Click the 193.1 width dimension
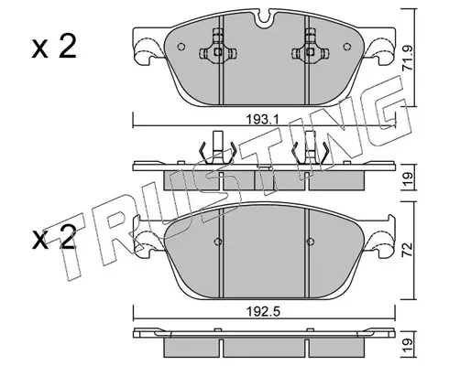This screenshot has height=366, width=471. [x=263, y=119]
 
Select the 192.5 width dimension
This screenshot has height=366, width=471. [x=264, y=312]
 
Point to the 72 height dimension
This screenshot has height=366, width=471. [x=408, y=250]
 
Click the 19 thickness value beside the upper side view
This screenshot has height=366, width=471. [x=408, y=178]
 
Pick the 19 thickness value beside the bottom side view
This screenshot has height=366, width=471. [x=408, y=346]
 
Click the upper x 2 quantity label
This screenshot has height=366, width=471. [x=54, y=48]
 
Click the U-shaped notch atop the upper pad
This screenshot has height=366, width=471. [x=264, y=18]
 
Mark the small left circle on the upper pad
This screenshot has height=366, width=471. [x=181, y=47]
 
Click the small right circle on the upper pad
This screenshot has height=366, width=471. [x=347, y=47]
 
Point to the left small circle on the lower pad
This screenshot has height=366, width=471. [x=218, y=242]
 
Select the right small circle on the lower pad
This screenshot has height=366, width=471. [x=310, y=242]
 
